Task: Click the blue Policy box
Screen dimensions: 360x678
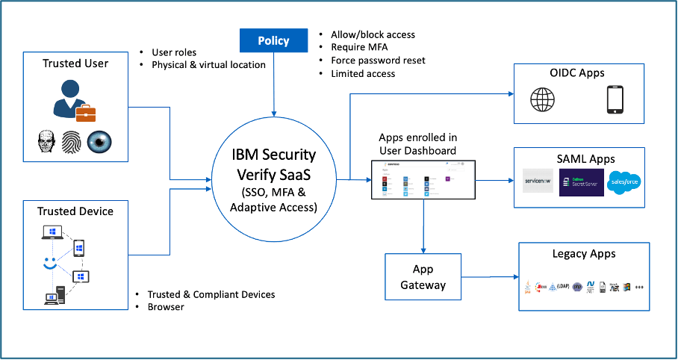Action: click(x=274, y=40)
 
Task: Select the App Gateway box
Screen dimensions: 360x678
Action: click(x=423, y=276)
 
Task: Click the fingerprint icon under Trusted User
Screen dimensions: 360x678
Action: click(x=72, y=141)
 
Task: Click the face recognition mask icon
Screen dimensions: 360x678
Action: click(x=46, y=141)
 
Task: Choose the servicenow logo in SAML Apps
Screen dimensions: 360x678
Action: click(x=538, y=182)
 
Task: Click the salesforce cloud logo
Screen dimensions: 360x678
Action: click(x=623, y=182)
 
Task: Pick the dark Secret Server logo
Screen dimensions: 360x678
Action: click(x=580, y=182)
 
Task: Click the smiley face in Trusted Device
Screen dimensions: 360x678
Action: click(x=49, y=264)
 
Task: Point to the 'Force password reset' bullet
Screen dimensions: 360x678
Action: click(x=379, y=60)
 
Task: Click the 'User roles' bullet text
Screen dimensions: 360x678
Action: click(x=174, y=52)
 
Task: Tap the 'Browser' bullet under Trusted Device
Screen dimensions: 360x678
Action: click(x=165, y=307)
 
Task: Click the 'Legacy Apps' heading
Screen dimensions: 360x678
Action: click(x=583, y=254)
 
